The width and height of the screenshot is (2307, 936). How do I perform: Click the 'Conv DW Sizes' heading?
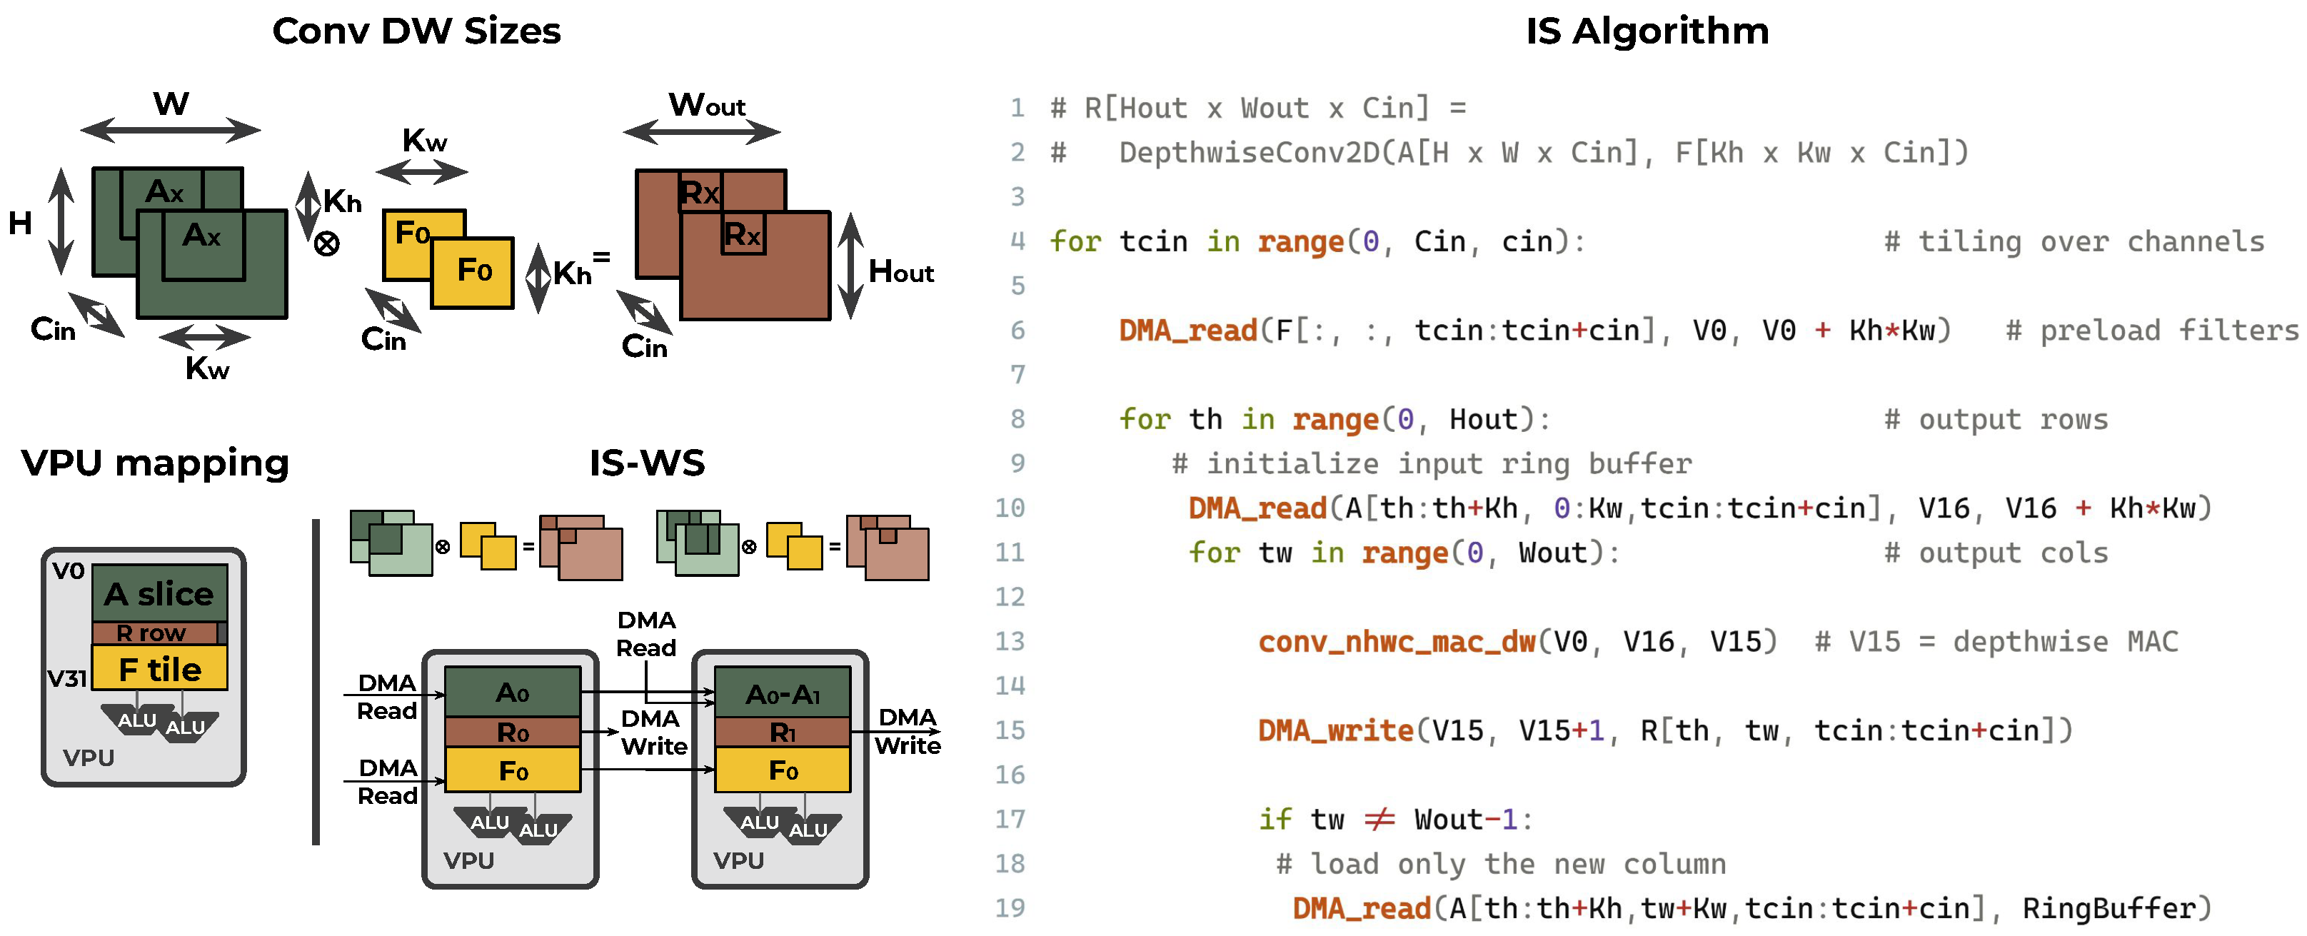416,31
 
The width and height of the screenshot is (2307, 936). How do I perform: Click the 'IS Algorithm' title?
1648,31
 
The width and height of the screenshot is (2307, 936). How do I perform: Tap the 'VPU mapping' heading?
155,463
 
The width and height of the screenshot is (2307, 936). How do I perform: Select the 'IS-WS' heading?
647,463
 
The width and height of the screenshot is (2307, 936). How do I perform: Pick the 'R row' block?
154,633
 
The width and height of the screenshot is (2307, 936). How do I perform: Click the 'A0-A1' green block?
782,693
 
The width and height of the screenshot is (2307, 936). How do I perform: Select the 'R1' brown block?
782,733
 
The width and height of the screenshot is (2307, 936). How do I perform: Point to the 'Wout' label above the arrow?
707,105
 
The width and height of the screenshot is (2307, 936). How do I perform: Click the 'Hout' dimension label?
901,271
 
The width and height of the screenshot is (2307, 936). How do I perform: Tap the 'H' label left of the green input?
20,222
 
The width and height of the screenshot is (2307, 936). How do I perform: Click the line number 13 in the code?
1010,641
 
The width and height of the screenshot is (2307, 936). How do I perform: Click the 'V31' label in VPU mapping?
67,679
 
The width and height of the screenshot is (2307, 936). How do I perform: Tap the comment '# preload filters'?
2152,331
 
